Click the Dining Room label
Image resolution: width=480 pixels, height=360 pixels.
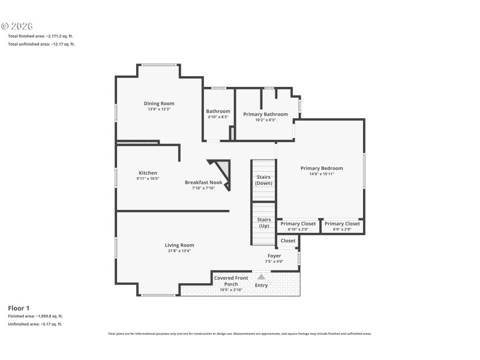159,103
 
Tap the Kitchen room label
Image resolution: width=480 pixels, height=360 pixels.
147,173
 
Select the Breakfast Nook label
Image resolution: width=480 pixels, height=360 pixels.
203,182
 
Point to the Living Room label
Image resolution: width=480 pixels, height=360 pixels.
179,245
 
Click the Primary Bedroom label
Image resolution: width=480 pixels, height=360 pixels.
322,168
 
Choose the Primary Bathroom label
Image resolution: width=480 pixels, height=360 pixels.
265,114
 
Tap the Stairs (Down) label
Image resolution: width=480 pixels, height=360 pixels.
263,180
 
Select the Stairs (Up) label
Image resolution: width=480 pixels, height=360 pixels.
263,223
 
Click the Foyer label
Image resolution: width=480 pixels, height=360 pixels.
274,256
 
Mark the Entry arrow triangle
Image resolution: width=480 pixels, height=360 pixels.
261,277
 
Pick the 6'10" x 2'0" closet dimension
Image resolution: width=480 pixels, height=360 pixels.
298,229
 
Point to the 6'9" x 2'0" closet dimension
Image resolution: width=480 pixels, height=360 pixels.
342,229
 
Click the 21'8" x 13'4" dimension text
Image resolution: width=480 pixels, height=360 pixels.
179,251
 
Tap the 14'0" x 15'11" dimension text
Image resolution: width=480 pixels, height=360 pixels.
322,174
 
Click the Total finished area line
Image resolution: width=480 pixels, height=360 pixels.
40,36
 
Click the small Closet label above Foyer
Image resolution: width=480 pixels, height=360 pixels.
288,241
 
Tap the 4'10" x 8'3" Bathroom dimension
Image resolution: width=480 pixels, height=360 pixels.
218,117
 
